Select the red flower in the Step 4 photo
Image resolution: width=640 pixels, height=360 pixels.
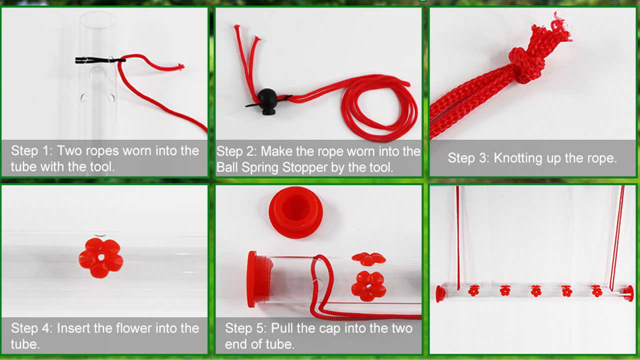(100, 258)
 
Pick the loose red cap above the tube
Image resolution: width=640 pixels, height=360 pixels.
(295, 211)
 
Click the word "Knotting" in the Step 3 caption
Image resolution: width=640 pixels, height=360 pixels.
(515, 158)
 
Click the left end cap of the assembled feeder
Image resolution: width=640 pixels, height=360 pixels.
(440, 293)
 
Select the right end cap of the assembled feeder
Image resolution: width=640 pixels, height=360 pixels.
(628, 293)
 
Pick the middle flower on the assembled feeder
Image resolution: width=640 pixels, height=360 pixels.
(536, 290)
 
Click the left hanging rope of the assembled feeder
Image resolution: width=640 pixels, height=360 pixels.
(458, 235)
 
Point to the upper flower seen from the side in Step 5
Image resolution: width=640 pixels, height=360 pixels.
(368, 258)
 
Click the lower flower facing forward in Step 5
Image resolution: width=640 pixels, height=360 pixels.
(368, 286)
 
